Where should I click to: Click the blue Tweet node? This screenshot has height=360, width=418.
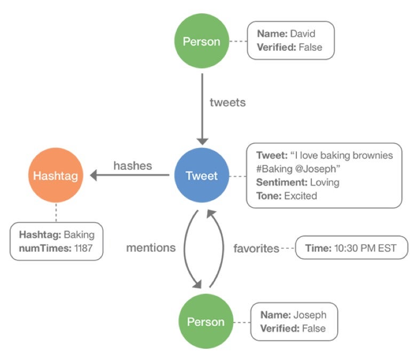(x=201, y=176)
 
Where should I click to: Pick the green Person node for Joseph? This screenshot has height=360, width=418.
(x=205, y=322)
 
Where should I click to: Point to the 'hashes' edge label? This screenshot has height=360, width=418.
(x=132, y=166)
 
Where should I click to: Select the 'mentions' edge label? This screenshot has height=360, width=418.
(x=151, y=248)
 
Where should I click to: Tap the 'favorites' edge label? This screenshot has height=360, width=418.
(x=256, y=248)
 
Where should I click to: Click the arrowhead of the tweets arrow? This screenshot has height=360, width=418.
(x=202, y=140)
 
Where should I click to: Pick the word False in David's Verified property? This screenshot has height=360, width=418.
(x=310, y=48)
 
